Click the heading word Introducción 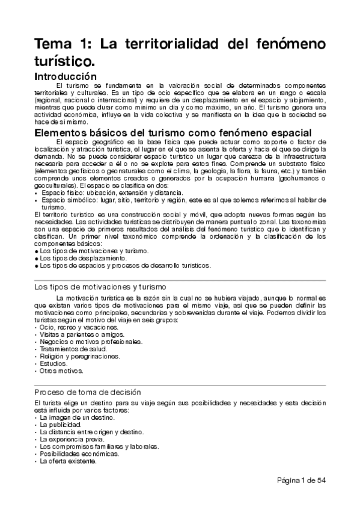(x=66, y=76)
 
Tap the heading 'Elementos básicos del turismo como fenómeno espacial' (x=173, y=132)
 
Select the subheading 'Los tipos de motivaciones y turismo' (x=100, y=287)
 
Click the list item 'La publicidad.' (x=60, y=425)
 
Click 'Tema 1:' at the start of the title (x=63, y=45)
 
